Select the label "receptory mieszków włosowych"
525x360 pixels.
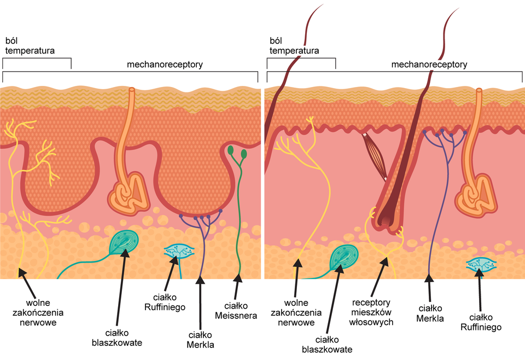pyautogui.click(x=371, y=312)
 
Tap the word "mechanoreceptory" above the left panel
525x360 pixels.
pyautogui.click(x=165, y=65)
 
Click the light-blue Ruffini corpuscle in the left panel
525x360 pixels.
pyautogui.click(x=178, y=251)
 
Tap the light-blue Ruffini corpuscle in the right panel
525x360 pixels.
pyautogui.click(x=481, y=265)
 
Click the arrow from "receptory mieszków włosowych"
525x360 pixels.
pyautogui.click(x=382, y=276)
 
